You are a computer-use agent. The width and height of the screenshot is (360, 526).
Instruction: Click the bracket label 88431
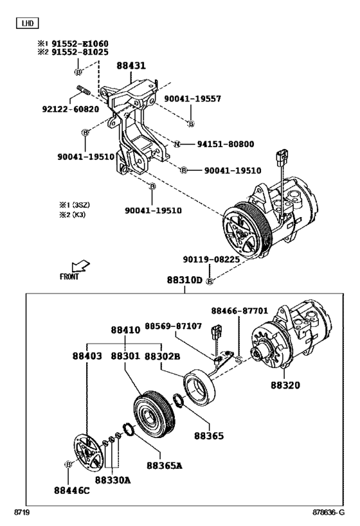(131, 66)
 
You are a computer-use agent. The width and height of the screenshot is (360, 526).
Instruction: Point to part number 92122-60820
(71, 109)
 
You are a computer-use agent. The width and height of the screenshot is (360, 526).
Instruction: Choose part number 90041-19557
(192, 98)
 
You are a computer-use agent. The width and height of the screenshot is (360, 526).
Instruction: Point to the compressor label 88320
(285, 385)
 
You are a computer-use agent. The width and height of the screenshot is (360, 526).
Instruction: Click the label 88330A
(113, 479)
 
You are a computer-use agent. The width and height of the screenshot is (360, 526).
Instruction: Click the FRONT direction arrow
(80, 267)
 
